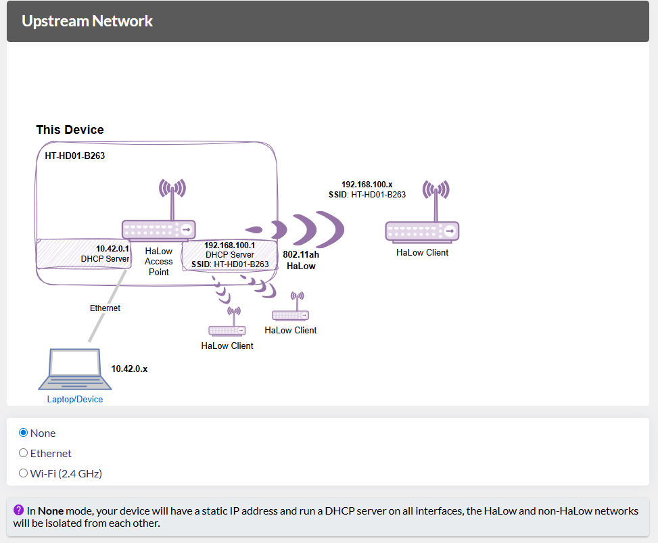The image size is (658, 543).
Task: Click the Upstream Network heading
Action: tap(87, 21)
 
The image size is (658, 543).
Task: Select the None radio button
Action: tap(24, 433)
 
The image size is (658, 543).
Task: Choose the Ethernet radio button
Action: tap(24, 453)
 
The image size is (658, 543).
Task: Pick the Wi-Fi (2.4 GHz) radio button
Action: tap(24, 473)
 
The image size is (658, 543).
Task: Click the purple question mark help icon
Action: tap(19, 510)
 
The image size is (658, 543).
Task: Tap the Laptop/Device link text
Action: tap(75, 399)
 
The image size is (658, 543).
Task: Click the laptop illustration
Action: tap(70, 369)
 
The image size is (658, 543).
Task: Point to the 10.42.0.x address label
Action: tap(129, 369)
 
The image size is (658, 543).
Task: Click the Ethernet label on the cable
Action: tap(105, 308)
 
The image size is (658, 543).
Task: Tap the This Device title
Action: tap(70, 130)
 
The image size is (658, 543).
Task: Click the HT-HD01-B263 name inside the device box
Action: tap(74, 156)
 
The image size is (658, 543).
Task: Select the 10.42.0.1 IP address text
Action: tap(112, 248)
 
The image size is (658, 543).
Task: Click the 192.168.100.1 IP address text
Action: tap(229, 245)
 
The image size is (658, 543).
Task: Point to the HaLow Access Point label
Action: tap(159, 261)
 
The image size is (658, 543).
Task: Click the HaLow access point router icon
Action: tap(159, 228)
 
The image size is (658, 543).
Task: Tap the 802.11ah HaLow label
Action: tap(301, 260)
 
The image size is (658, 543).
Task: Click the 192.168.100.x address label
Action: tap(367, 184)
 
